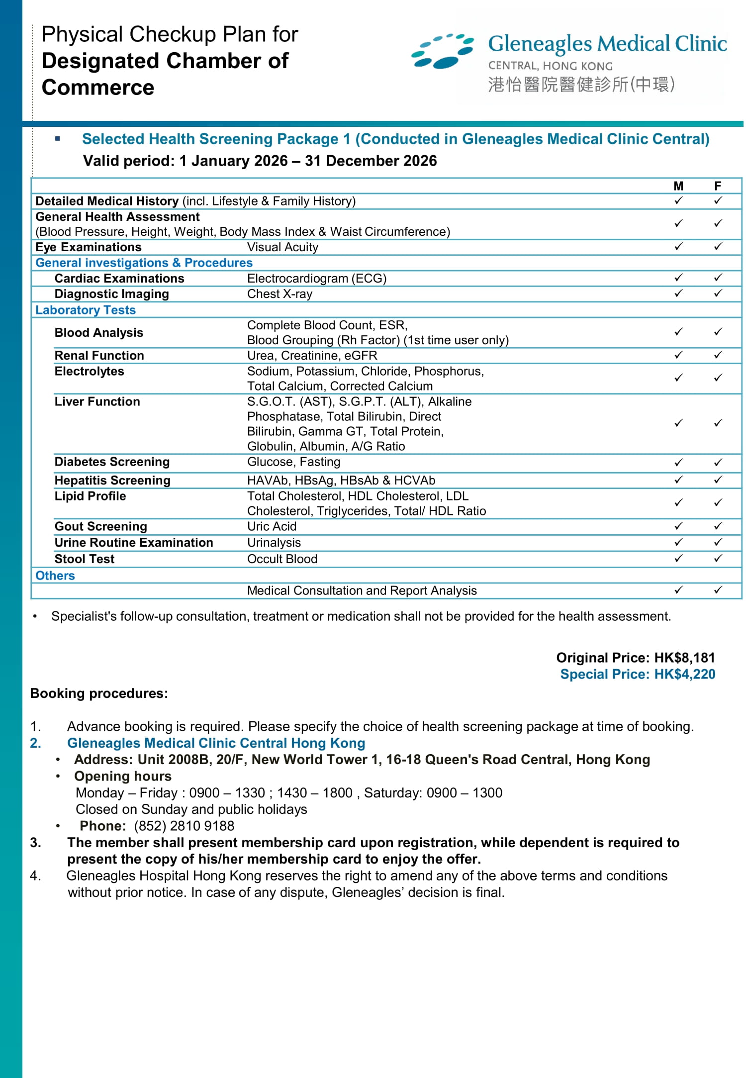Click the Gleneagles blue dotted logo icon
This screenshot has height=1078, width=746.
point(442,51)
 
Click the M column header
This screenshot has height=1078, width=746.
point(678,186)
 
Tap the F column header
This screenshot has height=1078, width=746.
point(718,186)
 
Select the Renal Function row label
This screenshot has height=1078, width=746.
point(99,355)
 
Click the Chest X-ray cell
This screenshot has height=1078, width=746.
point(280,294)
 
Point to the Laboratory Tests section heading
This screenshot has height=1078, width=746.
point(86,310)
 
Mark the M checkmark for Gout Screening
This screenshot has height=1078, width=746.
point(678,526)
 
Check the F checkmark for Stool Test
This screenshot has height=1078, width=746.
point(718,559)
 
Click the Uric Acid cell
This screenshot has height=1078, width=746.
point(272,526)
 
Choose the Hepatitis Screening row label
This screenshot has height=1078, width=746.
point(112,480)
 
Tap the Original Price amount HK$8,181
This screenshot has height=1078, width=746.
point(684,658)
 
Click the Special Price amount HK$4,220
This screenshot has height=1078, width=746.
point(684,674)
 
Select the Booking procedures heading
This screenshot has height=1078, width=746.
point(99,693)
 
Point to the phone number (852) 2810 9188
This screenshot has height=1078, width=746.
point(184,826)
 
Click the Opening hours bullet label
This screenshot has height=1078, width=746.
point(123,776)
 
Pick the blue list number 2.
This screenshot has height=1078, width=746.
point(35,743)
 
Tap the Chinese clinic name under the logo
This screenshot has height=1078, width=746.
point(581,85)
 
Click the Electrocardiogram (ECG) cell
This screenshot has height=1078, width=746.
point(317,278)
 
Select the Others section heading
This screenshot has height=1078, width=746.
point(55,576)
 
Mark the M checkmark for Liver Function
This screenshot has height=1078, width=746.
point(678,423)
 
